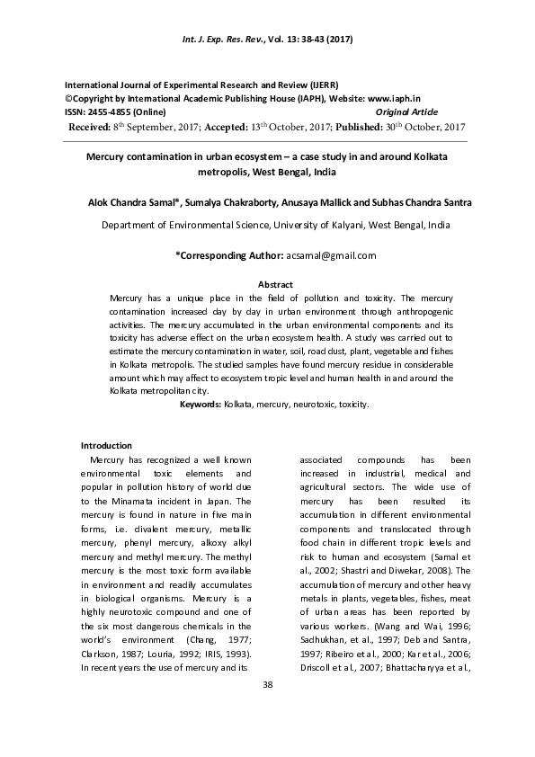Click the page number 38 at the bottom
pyautogui.click(x=267, y=686)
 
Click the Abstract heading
pyautogui.click(x=275, y=285)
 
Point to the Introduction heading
pyautogui.click(x=106, y=446)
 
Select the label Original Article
pyautogui.click(x=406, y=111)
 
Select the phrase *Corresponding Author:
pyautogui.click(x=229, y=255)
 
